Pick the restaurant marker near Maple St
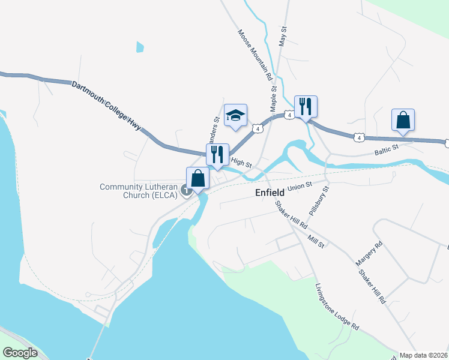pyautogui.click(x=306, y=106)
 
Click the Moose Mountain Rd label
pyautogui.click(x=255, y=56)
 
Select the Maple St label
pyautogui.click(x=274, y=99)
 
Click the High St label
pyautogui.click(x=240, y=162)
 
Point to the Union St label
pyautogui.click(x=301, y=187)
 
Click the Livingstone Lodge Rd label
pyautogui.click(x=337, y=307)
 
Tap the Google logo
pyautogui.click(x=20, y=352)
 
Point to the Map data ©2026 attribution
pyautogui.click(x=423, y=355)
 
